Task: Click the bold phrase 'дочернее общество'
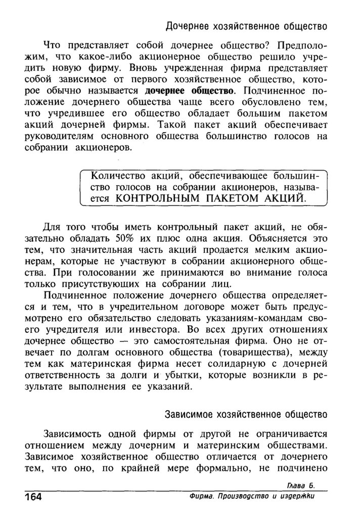pyautogui.click(x=190, y=92)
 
